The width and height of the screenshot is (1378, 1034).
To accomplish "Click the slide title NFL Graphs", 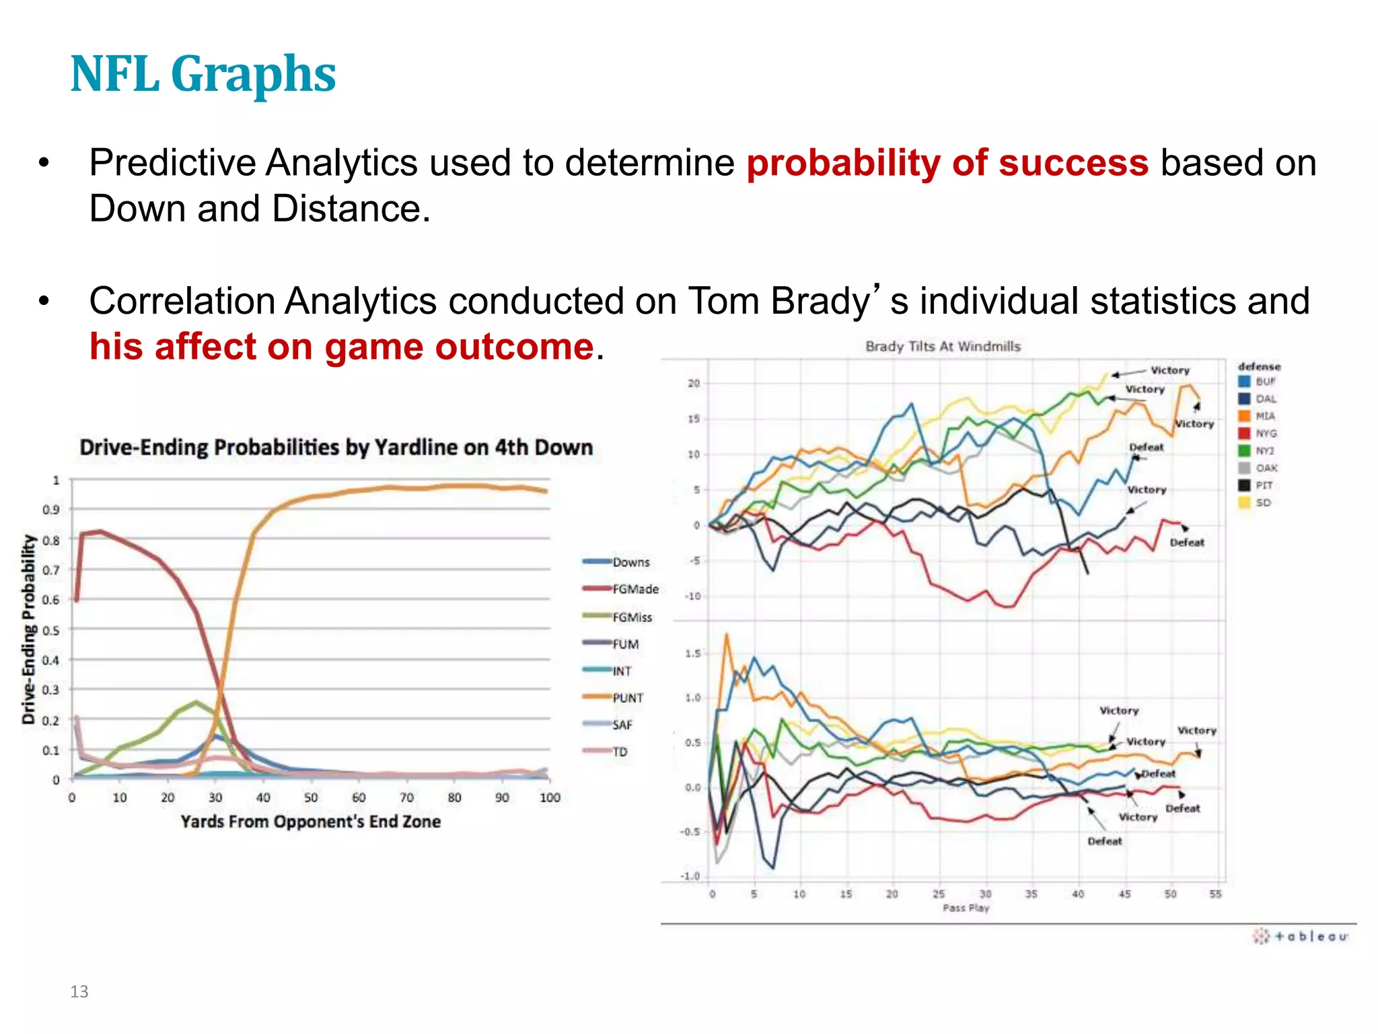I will tap(203, 74).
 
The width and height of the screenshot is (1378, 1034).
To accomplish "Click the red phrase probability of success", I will tap(947, 164).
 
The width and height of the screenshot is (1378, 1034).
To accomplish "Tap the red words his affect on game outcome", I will tap(342, 347).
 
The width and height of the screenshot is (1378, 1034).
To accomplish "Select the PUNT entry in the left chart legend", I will tap(627, 698).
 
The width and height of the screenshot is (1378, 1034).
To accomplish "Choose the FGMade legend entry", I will tap(634, 589).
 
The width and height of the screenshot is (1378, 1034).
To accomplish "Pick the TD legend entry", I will tap(620, 752).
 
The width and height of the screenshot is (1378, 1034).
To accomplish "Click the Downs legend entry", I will tap(630, 562).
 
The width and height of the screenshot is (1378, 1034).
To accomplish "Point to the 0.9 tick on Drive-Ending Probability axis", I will tap(51, 510).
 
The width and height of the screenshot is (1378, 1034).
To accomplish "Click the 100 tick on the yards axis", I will tap(550, 798).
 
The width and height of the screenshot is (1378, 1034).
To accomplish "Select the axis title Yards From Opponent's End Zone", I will tap(310, 822).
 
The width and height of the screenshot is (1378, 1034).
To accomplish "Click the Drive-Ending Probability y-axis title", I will tap(28, 629).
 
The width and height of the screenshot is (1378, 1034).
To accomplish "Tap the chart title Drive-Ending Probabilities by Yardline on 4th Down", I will tap(336, 448).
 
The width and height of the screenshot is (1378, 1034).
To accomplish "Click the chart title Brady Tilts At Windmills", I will tap(943, 347).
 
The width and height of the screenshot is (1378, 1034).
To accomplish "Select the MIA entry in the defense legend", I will tap(1264, 416).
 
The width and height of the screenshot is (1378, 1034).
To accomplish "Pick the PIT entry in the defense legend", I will tap(1264, 485).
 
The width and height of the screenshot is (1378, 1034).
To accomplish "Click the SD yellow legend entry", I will tap(1262, 503).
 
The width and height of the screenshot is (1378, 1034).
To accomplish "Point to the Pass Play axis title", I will tap(966, 908).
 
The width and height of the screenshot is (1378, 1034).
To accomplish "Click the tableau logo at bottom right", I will tap(1301, 936).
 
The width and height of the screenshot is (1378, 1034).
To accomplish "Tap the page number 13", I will tap(79, 992).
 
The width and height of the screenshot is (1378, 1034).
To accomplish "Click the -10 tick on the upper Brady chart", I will tap(692, 596).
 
